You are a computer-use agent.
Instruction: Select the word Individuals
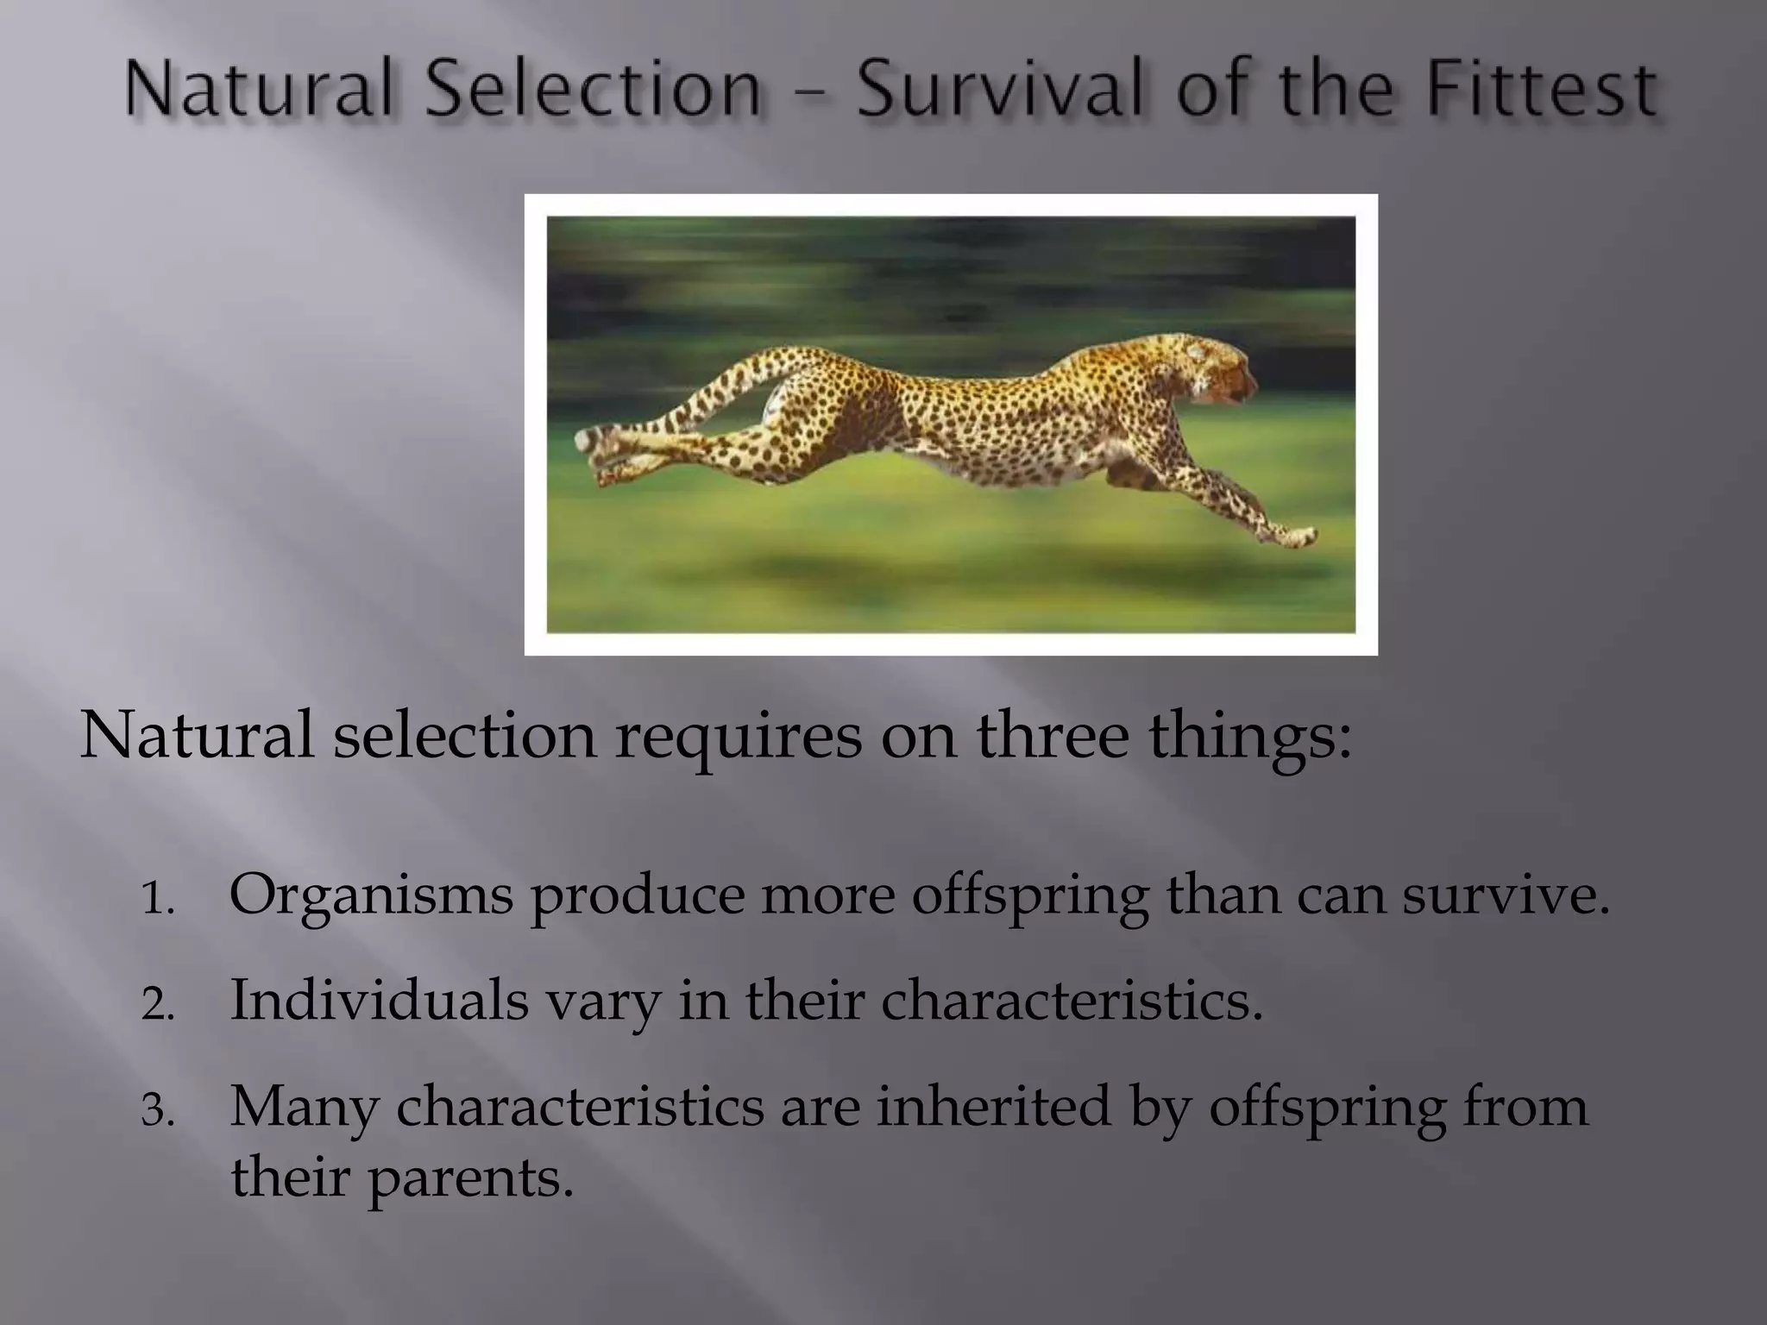click(379, 1001)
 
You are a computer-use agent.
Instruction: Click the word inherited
click(993, 1106)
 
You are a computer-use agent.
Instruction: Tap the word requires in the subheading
click(738, 738)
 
